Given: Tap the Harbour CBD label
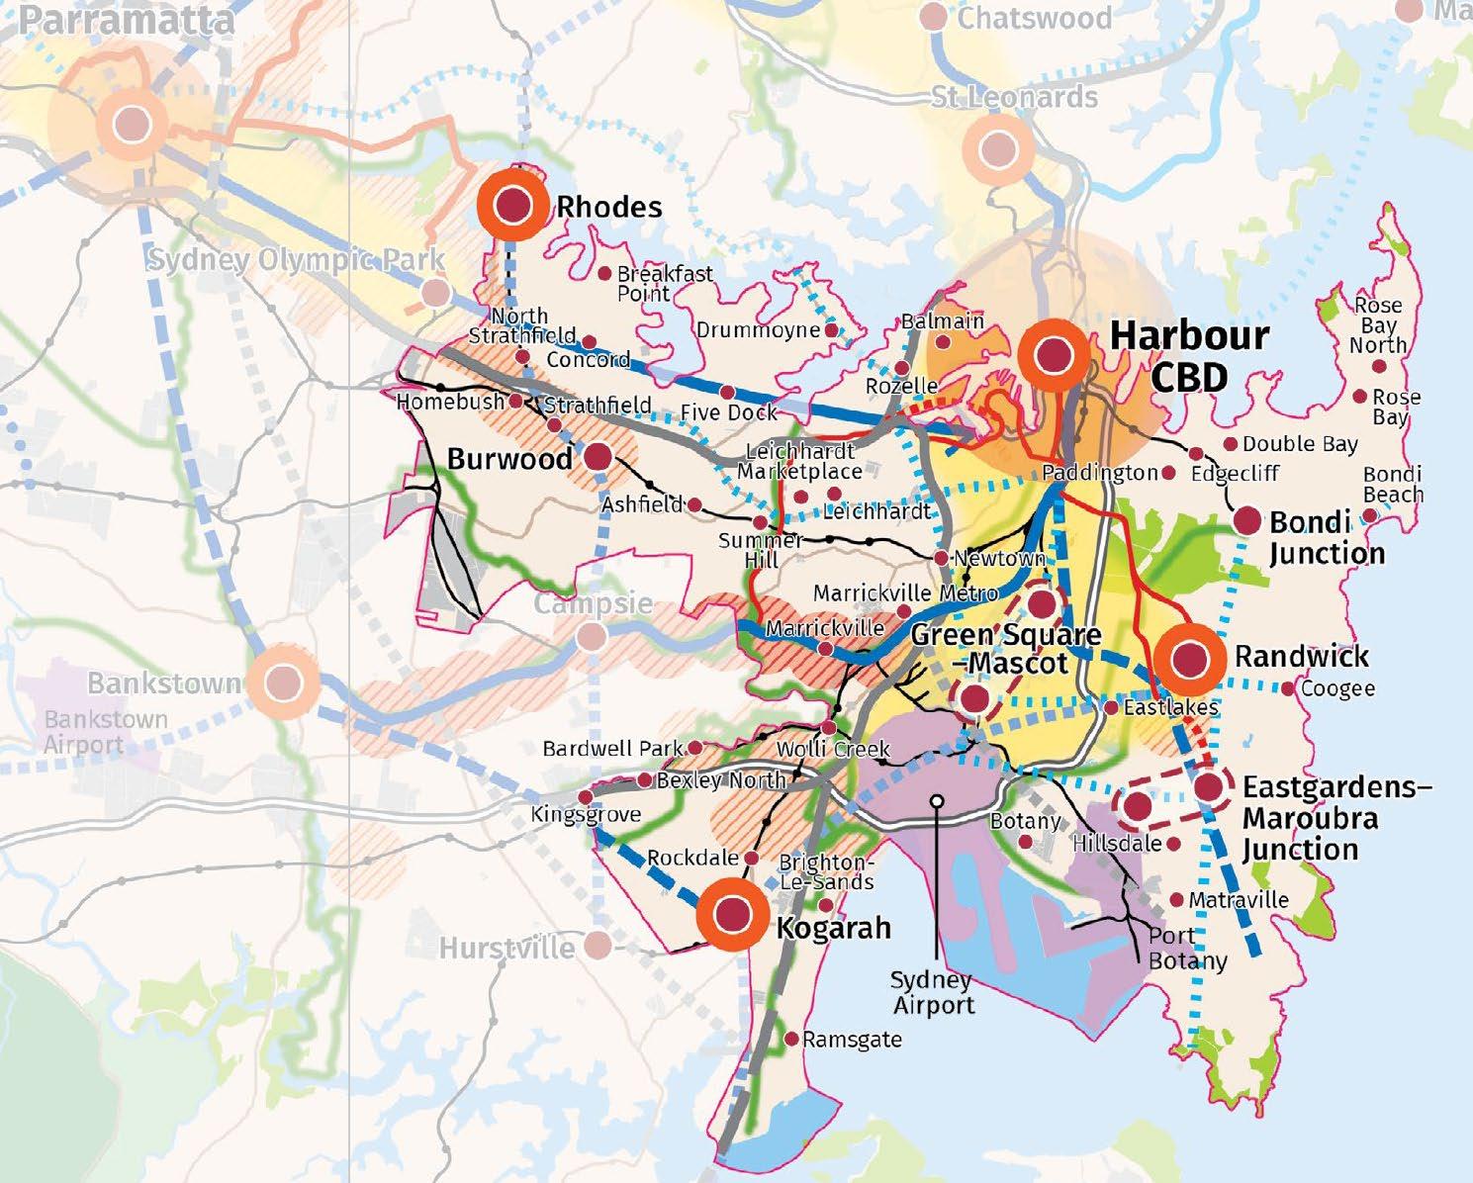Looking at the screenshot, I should pyautogui.click(x=1189, y=355).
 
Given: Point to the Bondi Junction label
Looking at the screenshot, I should pyautogui.click(x=1325, y=537).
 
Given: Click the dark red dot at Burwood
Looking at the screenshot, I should pyautogui.click(x=598, y=456).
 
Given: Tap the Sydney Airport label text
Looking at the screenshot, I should pyautogui.click(x=932, y=992).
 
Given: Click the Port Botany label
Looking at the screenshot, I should pyautogui.click(x=1185, y=948).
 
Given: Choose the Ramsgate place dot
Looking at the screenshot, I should pyautogui.click(x=791, y=1039).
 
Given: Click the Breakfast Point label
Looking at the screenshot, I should pyautogui.click(x=664, y=283).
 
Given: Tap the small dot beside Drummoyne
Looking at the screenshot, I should pyautogui.click(x=831, y=329).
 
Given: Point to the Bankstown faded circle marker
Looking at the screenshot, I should pyautogui.click(x=283, y=682).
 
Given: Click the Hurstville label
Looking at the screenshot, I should pyautogui.click(x=506, y=948).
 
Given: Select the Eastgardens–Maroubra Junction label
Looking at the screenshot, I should pyautogui.click(x=1335, y=818).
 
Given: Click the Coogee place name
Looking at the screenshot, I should pyautogui.click(x=1337, y=688).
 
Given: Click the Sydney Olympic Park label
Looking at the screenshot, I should pyautogui.click(x=296, y=261).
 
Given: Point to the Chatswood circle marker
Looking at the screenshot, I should pyautogui.click(x=933, y=16).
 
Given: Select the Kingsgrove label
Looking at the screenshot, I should pyautogui.click(x=586, y=815).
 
